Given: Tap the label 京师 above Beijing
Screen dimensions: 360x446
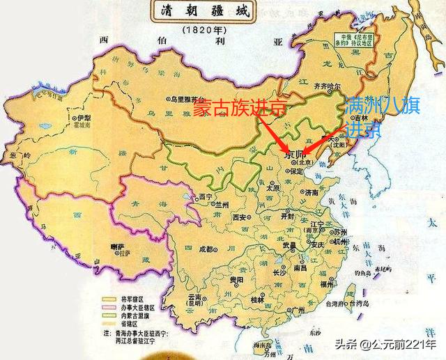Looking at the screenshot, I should pyautogui.click(x=295, y=155).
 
